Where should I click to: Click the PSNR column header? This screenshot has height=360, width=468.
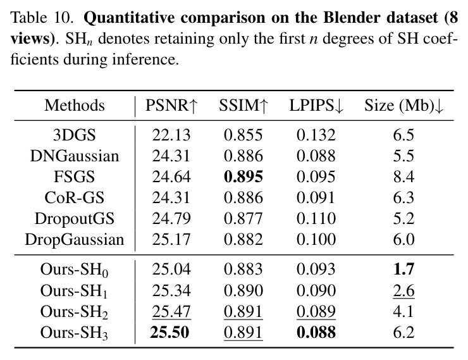pyautogui.click(x=171, y=106)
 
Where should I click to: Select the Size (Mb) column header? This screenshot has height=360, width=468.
pyautogui.click(x=403, y=106)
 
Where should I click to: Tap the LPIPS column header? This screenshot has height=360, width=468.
pyautogui.click(x=316, y=106)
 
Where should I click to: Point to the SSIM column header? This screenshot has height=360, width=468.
pyautogui.click(x=243, y=106)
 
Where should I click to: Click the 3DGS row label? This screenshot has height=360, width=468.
pyautogui.click(x=75, y=135)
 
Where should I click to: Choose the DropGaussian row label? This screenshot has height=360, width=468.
pyautogui.click(x=75, y=240)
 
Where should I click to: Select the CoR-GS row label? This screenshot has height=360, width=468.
pyautogui.click(x=75, y=197)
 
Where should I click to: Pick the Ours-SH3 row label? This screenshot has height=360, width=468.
pyautogui.click(x=74, y=333)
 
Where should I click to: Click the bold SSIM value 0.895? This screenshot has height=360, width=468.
pyautogui.click(x=243, y=177)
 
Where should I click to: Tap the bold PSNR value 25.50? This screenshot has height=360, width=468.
pyautogui.click(x=170, y=332)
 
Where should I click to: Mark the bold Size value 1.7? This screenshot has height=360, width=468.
pyautogui.click(x=403, y=270)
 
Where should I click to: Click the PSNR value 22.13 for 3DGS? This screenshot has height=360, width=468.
pyautogui.click(x=171, y=135)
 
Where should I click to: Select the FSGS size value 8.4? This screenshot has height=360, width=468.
pyautogui.click(x=403, y=177)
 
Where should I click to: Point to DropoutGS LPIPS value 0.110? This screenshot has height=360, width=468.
pyautogui.click(x=316, y=218)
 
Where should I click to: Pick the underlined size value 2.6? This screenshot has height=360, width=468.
pyautogui.click(x=403, y=291)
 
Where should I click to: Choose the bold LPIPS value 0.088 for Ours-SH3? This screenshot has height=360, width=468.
pyautogui.click(x=316, y=332)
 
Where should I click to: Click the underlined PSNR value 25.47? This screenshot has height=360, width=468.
pyautogui.click(x=171, y=312)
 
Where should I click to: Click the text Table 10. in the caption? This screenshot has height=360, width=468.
pyautogui.click(x=42, y=18)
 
